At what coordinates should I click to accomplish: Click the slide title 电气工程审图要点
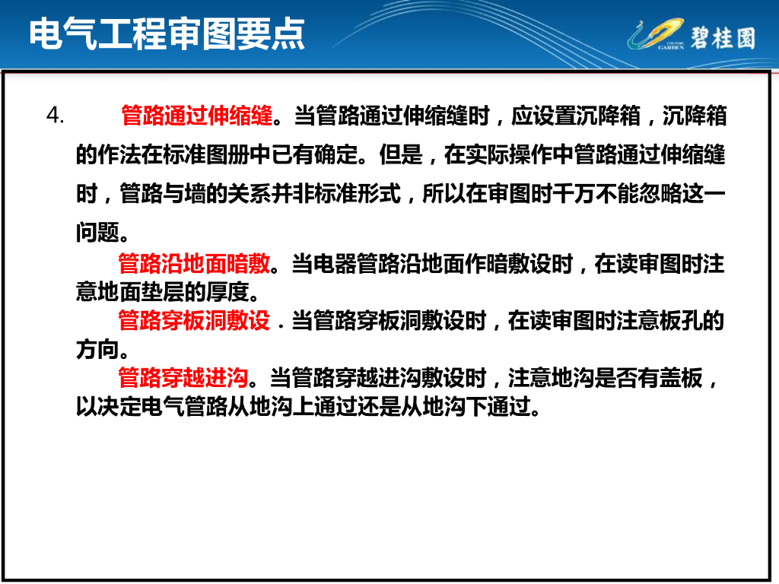[167, 33]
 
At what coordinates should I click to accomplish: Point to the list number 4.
[55, 116]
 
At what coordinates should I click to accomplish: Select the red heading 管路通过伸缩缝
[196, 116]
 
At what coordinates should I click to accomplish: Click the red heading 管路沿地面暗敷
[194, 265]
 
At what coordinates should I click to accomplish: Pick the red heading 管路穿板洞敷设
[194, 321]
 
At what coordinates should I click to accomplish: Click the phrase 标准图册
[205, 156]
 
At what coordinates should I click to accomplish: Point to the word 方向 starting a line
[97, 349]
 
